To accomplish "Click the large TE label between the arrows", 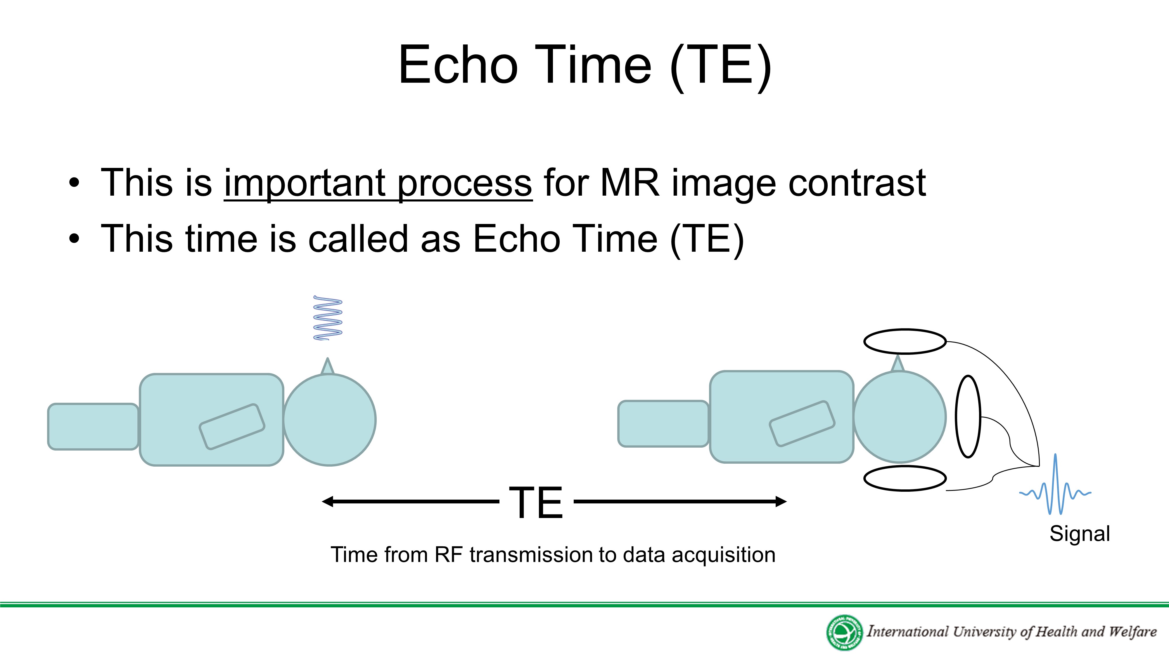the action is pyautogui.click(x=536, y=502).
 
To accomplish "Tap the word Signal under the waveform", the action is pyautogui.click(x=1080, y=534).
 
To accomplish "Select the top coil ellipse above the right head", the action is pyautogui.click(x=905, y=341).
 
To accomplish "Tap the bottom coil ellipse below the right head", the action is pyautogui.click(x=905, y=478).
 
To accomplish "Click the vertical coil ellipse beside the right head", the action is pyautogui.click(x=968, y=416).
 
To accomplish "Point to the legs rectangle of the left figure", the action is pyautogui.click(x=93, y=427).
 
